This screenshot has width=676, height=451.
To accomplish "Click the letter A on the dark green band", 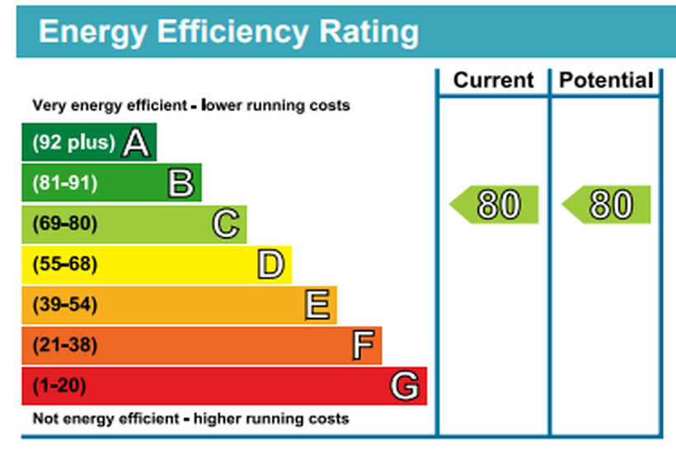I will coord(136,143).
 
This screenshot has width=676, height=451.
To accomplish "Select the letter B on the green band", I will coord(181,184).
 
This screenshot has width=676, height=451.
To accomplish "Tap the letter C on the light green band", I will coord(226,224).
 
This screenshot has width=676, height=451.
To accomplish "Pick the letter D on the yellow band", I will coord(270,265).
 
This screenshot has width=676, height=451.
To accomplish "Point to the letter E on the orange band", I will coord(317,305).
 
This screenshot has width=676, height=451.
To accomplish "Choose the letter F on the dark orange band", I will coord(363,345).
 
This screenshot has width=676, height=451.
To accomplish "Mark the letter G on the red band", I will coord(405,386).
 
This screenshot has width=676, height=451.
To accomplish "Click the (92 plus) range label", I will coord(73,143).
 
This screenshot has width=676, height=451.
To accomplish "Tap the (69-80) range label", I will coord(64,224).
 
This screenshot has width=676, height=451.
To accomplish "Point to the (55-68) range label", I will coord(64,265).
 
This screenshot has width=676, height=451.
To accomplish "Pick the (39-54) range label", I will coord(64,305).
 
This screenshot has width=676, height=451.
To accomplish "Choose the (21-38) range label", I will coord(64,345).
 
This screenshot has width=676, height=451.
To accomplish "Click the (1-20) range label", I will coord(59,386).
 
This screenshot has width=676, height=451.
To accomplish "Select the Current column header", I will coord(494,81).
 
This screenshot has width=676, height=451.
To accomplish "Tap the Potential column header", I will coord(606,81).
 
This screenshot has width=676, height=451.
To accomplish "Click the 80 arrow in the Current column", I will coord(495,204).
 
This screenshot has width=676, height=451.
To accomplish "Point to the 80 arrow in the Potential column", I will coord(608,204).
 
